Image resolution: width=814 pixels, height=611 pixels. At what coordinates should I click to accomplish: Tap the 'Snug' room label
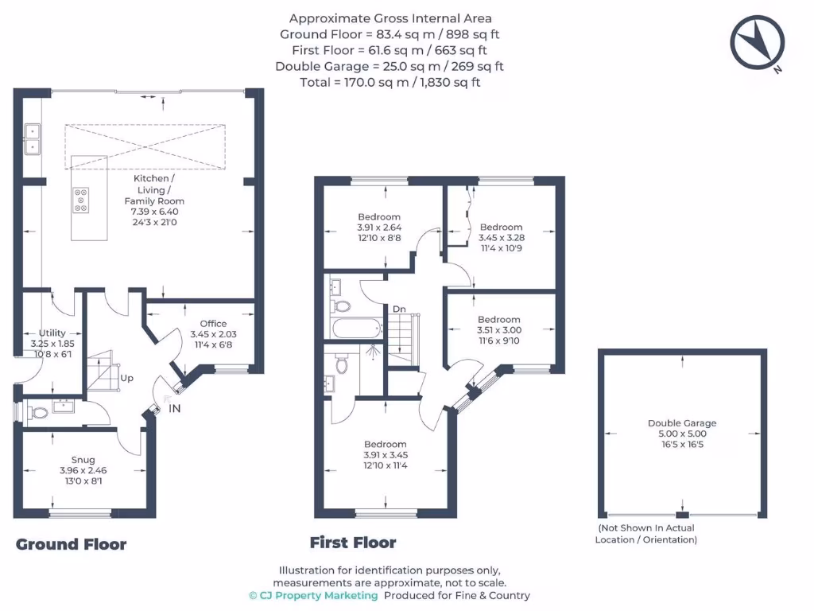pyautogui.click(x=83, y=460)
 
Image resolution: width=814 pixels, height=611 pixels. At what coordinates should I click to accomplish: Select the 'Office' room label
pyautogui.click(x=213, y=324)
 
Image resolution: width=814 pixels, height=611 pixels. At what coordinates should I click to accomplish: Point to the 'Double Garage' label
pyautogui.click(x=682, y=423)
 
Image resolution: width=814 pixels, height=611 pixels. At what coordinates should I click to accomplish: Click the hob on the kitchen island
pyautogui.click(x=80, y=200)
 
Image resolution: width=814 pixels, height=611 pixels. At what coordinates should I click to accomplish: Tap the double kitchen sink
pyautogui.click(x=33, y=138)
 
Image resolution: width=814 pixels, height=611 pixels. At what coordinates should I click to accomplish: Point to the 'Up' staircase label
pyautogui.click(x=126, y=379)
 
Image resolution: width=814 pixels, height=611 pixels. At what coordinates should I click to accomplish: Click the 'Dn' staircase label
pyautogui.click(x=399, y=309)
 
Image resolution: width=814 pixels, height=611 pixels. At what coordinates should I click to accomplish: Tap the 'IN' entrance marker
pyautogui.click(x=174, y=409)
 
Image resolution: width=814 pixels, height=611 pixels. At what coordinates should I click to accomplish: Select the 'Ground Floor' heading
pyautogui.click(x=72, y=544)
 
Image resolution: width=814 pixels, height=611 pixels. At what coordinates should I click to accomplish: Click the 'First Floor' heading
pyautogui.click(x=353, y=543)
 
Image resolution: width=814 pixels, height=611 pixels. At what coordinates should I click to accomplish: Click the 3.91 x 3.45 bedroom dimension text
pyautogui.click(x=386, y=455)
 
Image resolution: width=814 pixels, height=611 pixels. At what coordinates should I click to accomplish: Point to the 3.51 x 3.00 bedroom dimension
pyautogui.click(x=499, y=330)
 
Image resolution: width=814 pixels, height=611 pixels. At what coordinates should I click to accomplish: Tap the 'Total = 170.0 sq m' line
pyautogui.click(x=390, y=82)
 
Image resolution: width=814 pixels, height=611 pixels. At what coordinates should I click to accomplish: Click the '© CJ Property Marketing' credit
pyautogui.click(x=313, y=595)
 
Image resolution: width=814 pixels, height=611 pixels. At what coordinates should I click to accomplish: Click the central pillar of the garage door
pyautogui.click(x=682, y=515)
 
